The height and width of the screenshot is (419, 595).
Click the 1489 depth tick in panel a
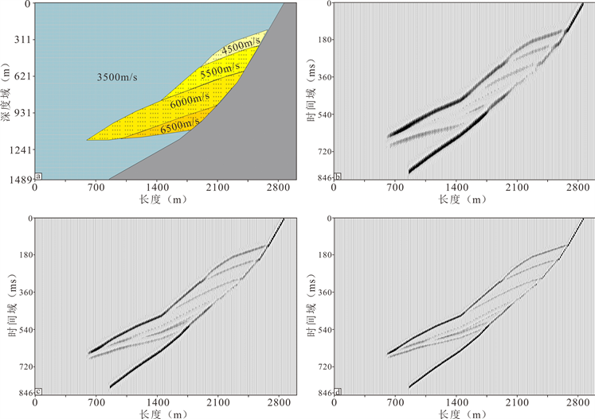click(17, 180)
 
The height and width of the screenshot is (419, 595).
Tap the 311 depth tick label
click(20, 39)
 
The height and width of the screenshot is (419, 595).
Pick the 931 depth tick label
click(20, 113)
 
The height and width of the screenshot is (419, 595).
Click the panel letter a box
click(38, 177)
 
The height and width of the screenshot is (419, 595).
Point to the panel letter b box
click(338, 177)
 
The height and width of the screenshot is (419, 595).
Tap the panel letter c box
click(38, 391)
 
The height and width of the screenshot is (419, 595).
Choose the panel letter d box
click(338, 391)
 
